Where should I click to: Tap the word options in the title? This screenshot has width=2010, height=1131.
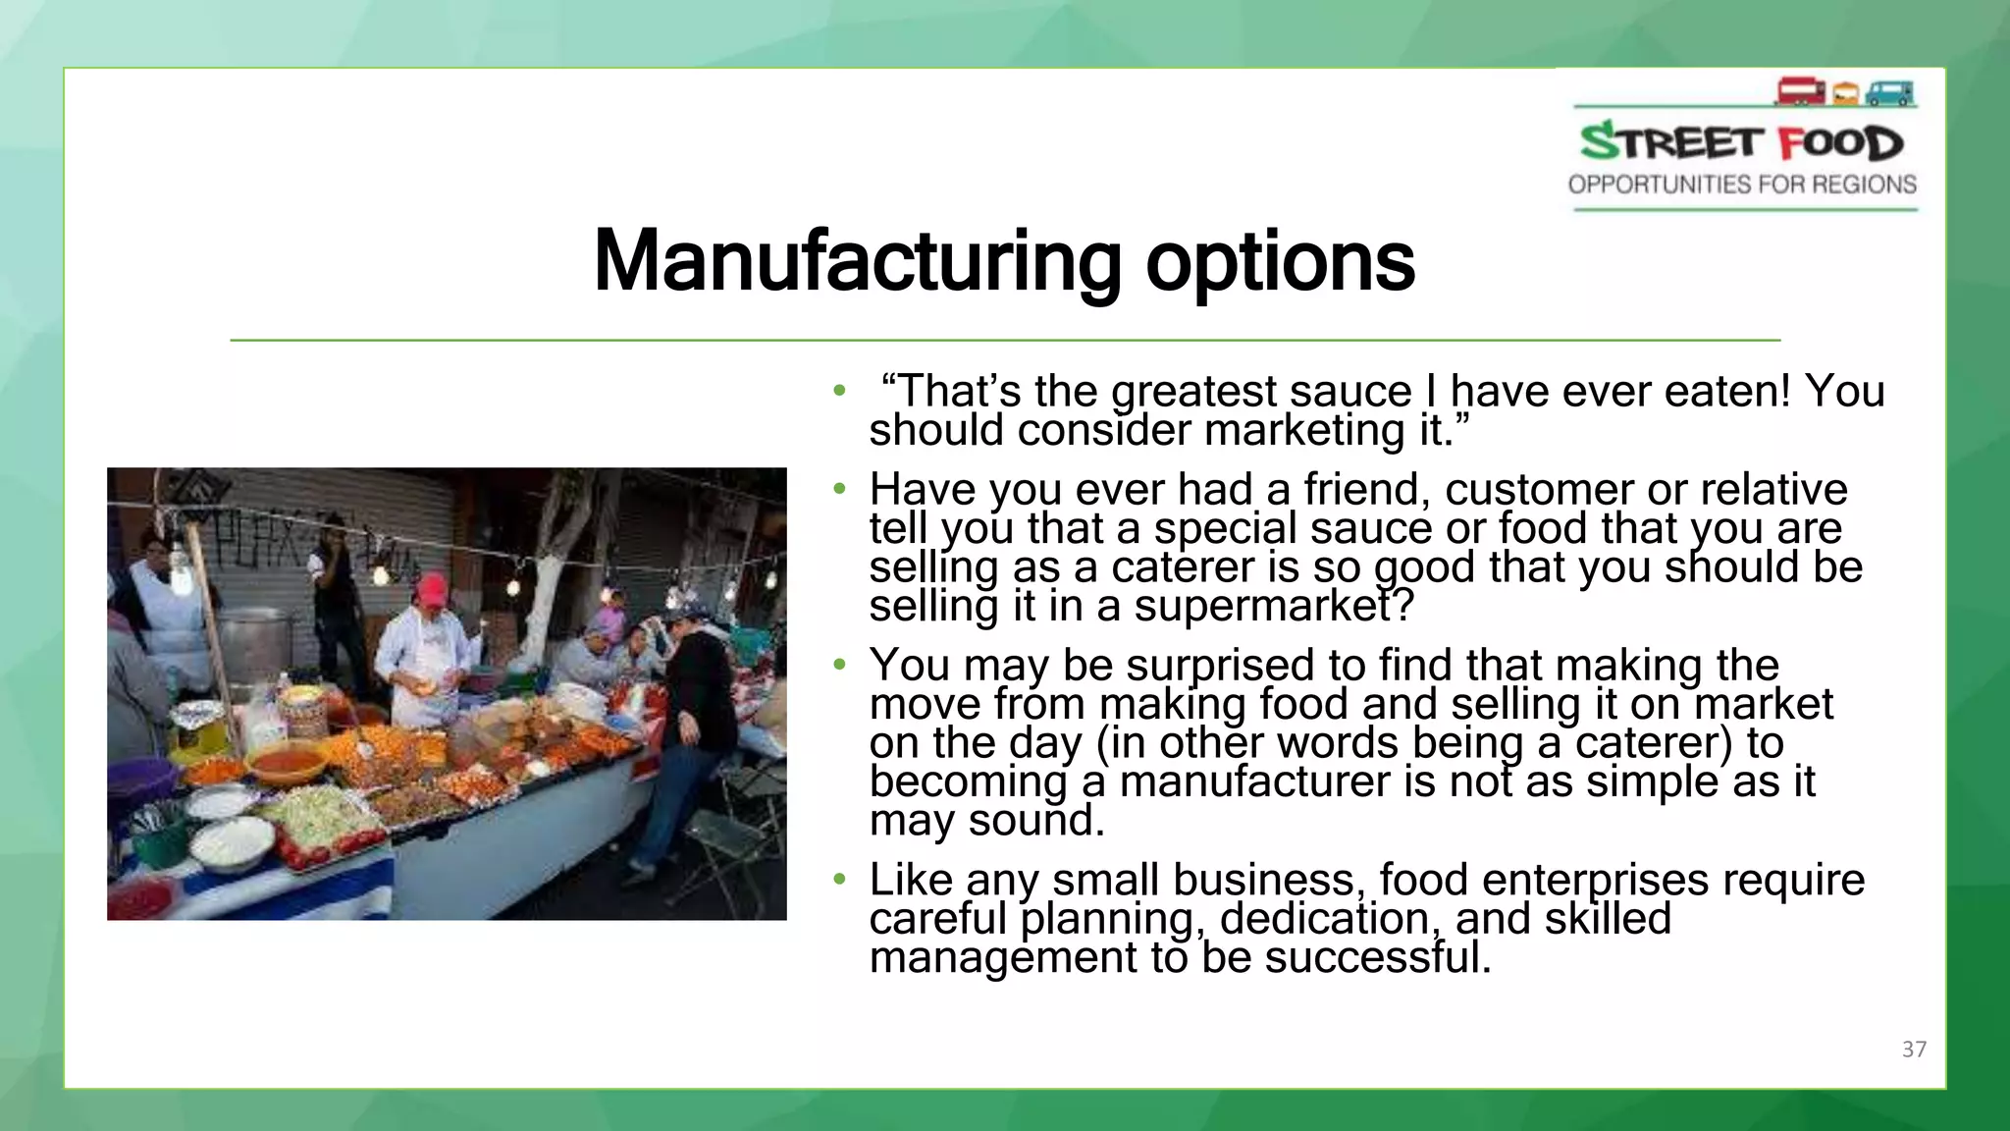point(1280,263)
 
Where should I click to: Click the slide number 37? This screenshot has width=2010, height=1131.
point(1914,1050)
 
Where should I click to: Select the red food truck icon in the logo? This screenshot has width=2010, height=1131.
point(1800,91)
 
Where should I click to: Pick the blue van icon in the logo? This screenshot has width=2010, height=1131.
point(1889,93)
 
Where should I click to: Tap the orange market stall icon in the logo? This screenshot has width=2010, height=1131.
point(1845,94)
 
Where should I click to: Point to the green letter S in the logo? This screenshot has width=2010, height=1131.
point(1600,142)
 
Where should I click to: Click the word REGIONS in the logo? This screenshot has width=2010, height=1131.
point(1864,185)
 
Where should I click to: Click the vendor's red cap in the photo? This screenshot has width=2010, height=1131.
point(431,589)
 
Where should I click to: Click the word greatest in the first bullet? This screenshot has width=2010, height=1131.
point(1193,392)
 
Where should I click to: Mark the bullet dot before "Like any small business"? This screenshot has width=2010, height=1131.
point(838,879)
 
